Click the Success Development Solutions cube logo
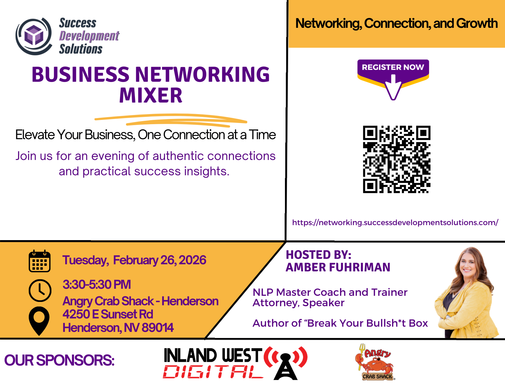(34, 36)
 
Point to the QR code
(396, 159)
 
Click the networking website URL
(395, 222)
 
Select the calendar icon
(39, 261)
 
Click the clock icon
(40, 291)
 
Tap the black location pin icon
(39, 321)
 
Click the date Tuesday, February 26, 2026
(134, 260)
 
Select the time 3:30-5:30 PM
(97, 284)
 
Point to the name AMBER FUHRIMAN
(338, 267)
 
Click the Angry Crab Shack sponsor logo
(375, 362)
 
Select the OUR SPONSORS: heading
(59, 361)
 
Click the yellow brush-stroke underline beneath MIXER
(171, 120)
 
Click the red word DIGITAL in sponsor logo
(213, 372)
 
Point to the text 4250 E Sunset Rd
(108, 314)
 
